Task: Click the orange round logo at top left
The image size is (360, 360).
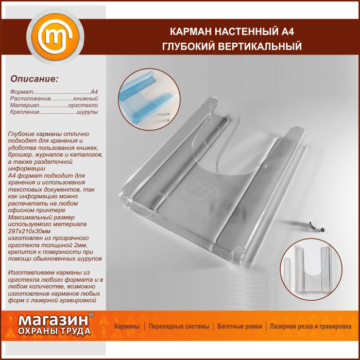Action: click(55, 37)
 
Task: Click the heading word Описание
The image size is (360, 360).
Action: click(34, 79)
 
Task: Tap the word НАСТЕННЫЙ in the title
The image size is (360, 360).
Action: click(246, 32)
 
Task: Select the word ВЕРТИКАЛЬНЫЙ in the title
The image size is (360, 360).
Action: click(260, 46)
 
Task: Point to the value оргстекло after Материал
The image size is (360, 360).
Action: click(83, 105)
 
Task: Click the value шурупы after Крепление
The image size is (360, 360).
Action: click(87, 112)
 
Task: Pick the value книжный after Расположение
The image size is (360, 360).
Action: click(85, 98)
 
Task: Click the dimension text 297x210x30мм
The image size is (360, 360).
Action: click(29, 231)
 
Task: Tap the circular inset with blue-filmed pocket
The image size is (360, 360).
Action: click(149, 99)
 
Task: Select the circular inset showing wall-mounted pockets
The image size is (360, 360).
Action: click(311, 269)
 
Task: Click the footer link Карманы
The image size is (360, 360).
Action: click(127, 326)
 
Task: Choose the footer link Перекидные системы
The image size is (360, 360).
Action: click(179, 326)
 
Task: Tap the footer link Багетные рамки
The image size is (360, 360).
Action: click(239, 326)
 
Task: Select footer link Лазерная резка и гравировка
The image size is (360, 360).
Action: click(311, 326)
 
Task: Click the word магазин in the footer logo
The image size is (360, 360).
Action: click(53, 320)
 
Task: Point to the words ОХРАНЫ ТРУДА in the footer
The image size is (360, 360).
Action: click(54, 331)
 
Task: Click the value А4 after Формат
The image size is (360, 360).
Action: click(94, 92)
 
